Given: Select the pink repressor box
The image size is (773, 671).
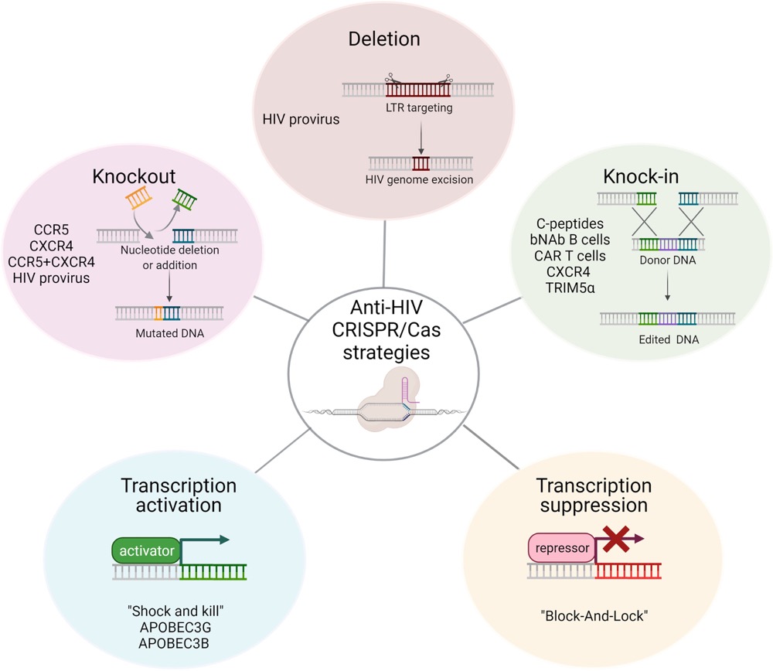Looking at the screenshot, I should click(x=562, y=550).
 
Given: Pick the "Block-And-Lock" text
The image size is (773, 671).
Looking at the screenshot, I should click(x=593, y=619).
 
